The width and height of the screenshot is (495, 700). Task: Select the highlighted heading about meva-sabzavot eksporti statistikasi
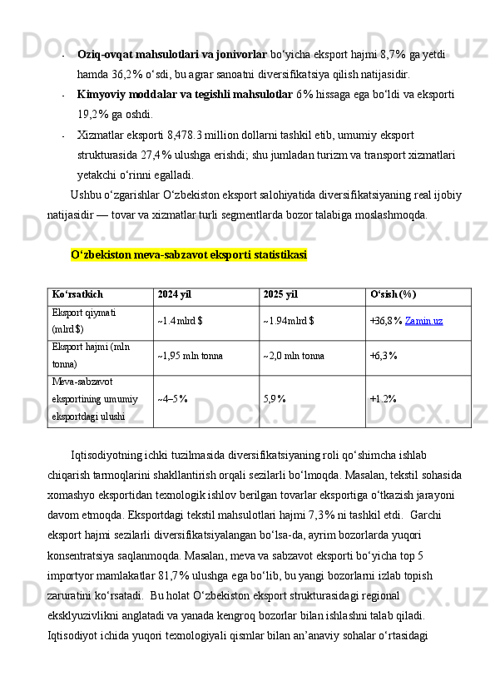point(189,254)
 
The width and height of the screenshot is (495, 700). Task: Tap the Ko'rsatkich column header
point(77,295)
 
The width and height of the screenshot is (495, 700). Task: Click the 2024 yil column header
point(174,295)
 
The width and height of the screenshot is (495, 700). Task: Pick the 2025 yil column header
point(280,295)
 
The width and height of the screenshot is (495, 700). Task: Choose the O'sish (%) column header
point(393,295)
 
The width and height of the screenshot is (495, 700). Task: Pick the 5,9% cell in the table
point(275,398)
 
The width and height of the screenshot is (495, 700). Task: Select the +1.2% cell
point(383,398)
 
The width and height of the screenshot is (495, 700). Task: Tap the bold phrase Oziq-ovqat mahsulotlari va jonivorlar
point(171,55)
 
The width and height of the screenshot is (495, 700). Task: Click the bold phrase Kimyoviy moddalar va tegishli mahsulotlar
point(184,95)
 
